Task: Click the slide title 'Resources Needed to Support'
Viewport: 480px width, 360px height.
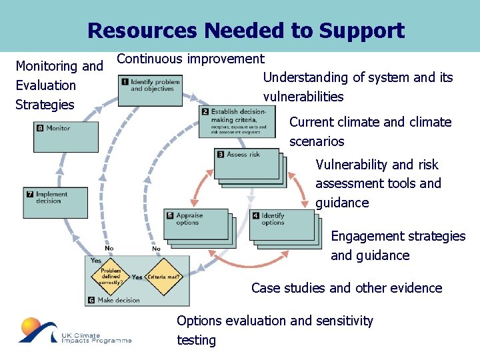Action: pyautogui.click(x=245, y=31)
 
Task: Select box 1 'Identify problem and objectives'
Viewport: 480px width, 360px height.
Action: pyautogui.click(x=150, y=90)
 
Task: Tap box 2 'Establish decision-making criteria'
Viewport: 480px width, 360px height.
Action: pyautogui.click(x=236, y=121)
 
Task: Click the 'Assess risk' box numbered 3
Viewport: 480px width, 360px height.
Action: pyautogui.click(x=246, y=163)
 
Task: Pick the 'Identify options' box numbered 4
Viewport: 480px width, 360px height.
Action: pyautogui.click(x=281, y=225)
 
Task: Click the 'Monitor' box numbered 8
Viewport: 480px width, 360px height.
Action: pyautogui.click(x=65, y=136)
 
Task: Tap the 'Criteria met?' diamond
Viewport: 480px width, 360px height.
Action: pyautogui.click(x=164, y=277)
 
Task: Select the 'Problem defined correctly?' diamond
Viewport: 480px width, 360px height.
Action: pyautogui.click(x=111, y=277)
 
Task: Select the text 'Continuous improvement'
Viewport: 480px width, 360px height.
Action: pyautogui.click(x=191, y=59)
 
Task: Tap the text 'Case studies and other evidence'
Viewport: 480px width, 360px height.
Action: pyautogui.click(x=347, y=288)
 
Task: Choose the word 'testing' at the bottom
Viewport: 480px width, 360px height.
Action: pyautogui.click(x=196, y=340)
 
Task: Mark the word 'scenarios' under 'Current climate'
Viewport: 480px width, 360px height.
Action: pyautogui.click(x=317, y=141)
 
